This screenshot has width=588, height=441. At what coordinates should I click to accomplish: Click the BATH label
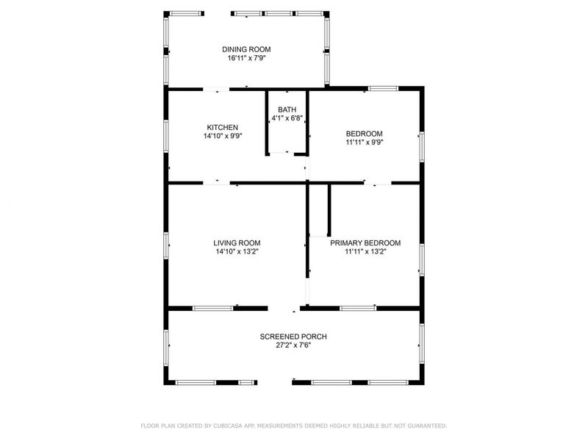click(x=287, y=110)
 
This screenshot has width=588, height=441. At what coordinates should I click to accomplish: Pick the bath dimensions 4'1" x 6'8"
click(x=287, y=118)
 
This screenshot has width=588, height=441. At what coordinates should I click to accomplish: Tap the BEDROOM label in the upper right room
click(x=365, y=134)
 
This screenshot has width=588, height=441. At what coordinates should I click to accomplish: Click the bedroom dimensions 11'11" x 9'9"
click(x=365, y=142)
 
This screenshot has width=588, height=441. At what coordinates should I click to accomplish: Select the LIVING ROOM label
click(x=237, y=243)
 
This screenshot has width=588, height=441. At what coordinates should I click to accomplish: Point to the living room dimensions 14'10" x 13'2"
click(x=237, y=251)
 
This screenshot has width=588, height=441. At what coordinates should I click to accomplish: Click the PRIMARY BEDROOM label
click(x=365, y=243)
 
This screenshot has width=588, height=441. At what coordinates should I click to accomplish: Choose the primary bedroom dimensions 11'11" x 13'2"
click(x=365, y=251)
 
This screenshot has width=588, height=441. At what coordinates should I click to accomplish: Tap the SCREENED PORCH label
click(x=293, y=337)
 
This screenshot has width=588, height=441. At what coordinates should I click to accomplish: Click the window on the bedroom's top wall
click(x=383, y=89)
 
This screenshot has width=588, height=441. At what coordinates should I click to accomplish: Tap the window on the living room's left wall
click(x=166, y=245)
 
